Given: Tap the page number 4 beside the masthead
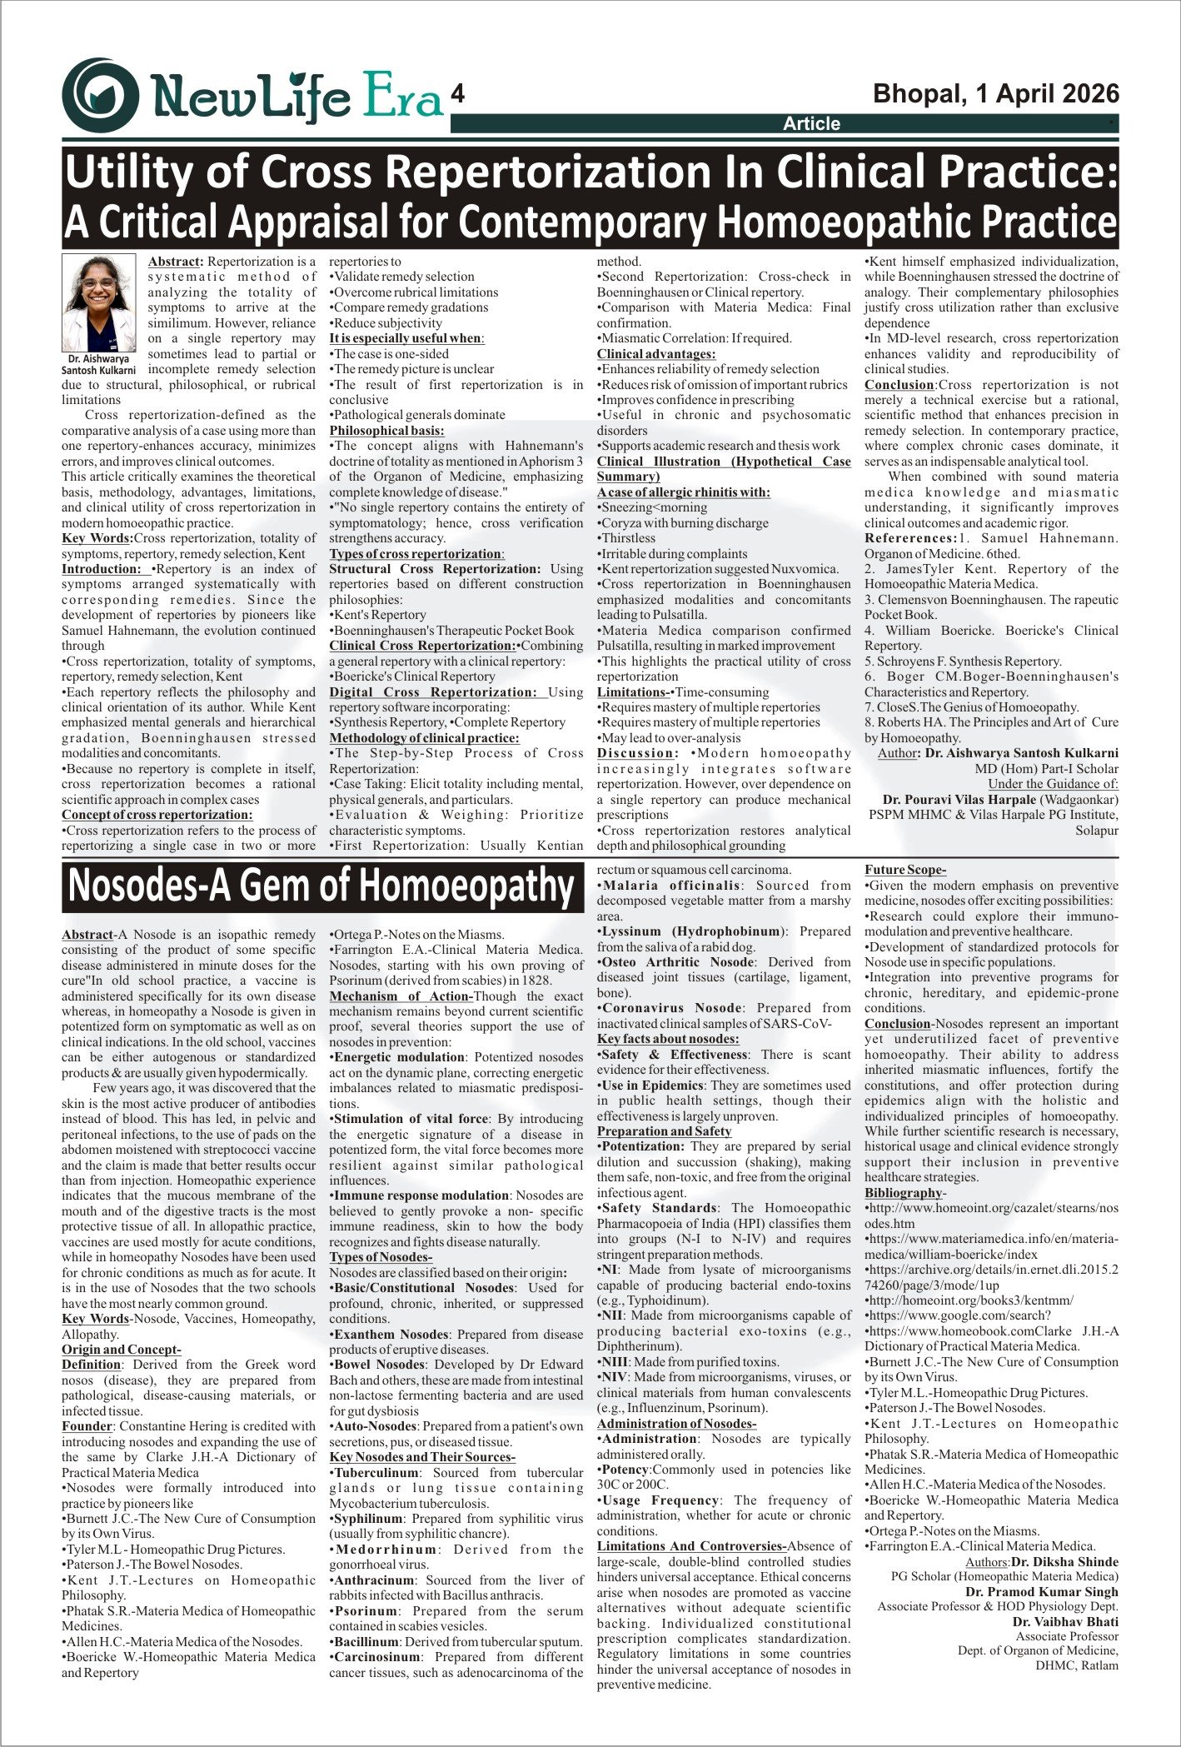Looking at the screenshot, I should point(456,95).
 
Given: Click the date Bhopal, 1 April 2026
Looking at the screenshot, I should point(995,93).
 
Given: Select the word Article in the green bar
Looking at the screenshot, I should point(811,124).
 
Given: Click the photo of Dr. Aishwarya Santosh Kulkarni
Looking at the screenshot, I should point(98,303).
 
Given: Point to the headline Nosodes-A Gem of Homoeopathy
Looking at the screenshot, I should point(320,886).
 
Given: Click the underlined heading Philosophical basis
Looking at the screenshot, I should point(386,431).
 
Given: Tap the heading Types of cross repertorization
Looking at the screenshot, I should point(416,554).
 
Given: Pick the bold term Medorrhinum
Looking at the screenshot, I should point(385,1550).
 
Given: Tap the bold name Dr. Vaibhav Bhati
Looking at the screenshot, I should point(1065,1622).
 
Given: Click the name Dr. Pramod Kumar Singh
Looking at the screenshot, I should point(1041,1591).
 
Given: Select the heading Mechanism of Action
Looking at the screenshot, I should point(401,996).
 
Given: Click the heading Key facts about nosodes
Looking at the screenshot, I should point(667,1039).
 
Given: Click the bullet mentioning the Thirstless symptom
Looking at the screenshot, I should point(627,539).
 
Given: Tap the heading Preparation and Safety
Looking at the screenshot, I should point(663,1131).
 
